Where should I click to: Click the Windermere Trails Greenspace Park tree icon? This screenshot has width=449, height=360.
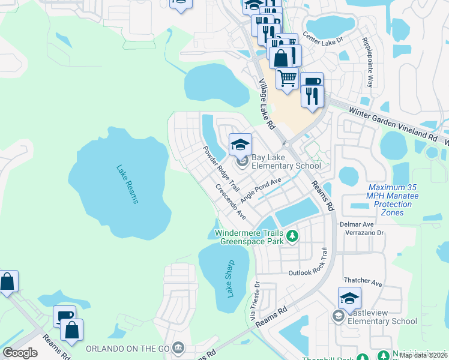pyautogui.click(x=292, y=236)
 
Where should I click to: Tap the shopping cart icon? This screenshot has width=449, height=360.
pyautogui.click(x=288, y=77)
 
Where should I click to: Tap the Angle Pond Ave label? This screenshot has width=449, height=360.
pyautogui.click(x=261, y=190)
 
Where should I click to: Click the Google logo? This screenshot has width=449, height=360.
pyautogui.click(x=20, y=352)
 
